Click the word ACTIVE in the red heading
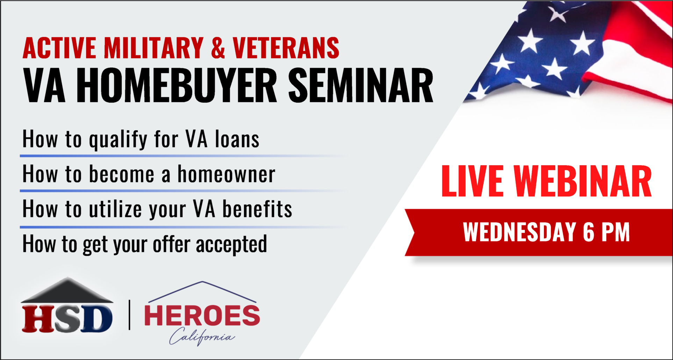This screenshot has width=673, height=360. point(59,48)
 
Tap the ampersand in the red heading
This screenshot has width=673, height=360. point(218,48)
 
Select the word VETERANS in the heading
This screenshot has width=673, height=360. point(286,48)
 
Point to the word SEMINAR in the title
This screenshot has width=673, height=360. point(360,86)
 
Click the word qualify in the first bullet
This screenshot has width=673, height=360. point(118,140)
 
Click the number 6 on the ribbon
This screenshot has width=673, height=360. point(588,232)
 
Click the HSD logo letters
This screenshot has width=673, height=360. point(67,318)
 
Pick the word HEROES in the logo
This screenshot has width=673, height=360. point(202,315)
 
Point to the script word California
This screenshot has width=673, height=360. point(202,336)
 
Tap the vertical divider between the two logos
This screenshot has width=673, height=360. point(130,315)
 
